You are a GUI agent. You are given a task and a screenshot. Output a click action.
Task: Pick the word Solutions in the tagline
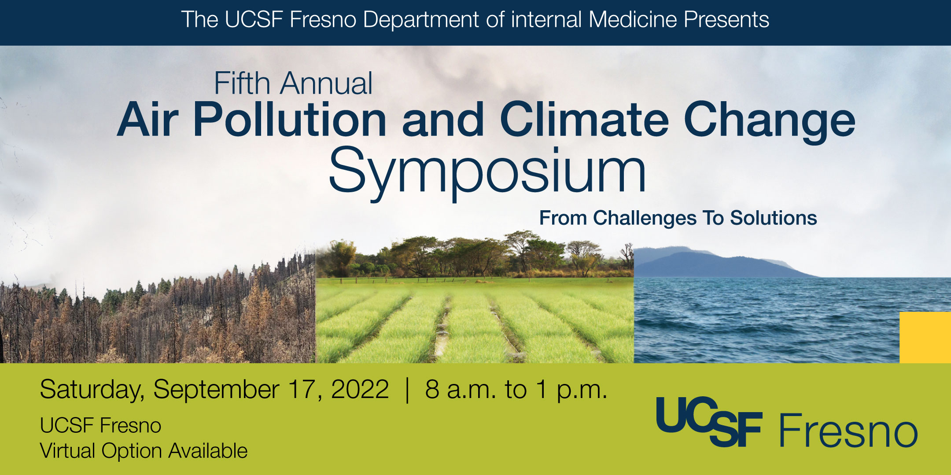tap(774, 218)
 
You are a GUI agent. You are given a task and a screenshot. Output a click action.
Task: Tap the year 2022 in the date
tap(360, 389)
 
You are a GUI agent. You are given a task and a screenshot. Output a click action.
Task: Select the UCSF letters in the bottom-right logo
tap(709, 421)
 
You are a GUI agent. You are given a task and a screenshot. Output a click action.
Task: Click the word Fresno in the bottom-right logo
tap(848, 431)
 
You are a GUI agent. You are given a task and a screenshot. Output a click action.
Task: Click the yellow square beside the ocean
tap(925, 337)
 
